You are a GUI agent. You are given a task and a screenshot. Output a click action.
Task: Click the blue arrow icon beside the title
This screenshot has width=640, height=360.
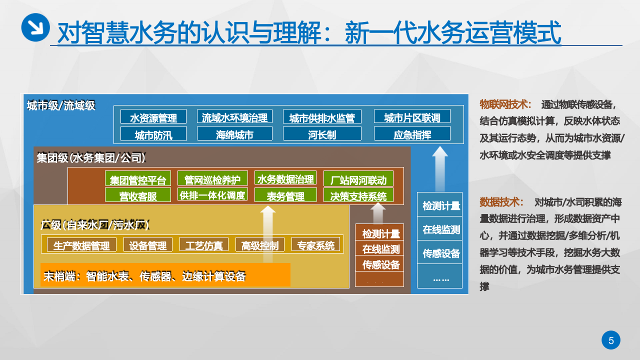35,27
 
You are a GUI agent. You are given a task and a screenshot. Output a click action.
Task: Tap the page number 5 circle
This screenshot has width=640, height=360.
610,340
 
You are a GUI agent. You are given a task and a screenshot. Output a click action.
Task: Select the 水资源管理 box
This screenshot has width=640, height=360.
153,116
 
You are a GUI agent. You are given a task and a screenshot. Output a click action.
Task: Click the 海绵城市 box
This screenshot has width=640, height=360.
234,133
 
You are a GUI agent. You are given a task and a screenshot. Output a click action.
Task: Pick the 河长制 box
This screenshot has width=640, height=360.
321,133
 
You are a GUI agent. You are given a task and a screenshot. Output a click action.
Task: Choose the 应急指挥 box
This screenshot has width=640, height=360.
412,133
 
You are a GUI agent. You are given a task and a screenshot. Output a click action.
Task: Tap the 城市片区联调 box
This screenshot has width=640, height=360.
412,116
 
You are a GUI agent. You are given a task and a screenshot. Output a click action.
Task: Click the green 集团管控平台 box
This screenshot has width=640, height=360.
138,178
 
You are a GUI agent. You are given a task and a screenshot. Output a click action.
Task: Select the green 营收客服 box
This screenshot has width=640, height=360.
138,195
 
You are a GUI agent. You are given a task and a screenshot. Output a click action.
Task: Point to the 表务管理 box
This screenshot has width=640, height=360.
285,195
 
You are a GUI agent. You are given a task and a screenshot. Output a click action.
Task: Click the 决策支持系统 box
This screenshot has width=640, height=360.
358,195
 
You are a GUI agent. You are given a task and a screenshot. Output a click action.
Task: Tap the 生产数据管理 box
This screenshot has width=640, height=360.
81,244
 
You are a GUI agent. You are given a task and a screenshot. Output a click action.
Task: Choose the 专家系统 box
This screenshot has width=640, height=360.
315,244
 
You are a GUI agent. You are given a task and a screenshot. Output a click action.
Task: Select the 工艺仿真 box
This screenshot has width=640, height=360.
204,244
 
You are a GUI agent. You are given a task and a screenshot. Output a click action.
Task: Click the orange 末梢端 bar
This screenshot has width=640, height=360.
165,275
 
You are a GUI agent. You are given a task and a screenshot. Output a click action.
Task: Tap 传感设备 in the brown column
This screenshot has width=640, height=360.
379,263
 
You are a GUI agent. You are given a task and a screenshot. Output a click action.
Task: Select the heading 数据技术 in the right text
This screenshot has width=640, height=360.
501,202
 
